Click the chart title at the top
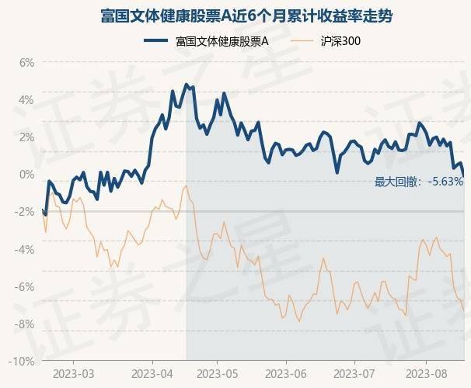point(235,16)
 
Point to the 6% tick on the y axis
point(26,62)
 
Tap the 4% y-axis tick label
point(26,99)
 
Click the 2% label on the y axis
point(26,137)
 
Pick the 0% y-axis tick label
point(26,175)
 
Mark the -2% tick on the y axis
point(24,212)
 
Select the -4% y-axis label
point(24,249)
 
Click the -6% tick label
point(24,286)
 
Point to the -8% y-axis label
point(24,324)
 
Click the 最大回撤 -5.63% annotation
point(418,182)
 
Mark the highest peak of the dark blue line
point(186,84)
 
